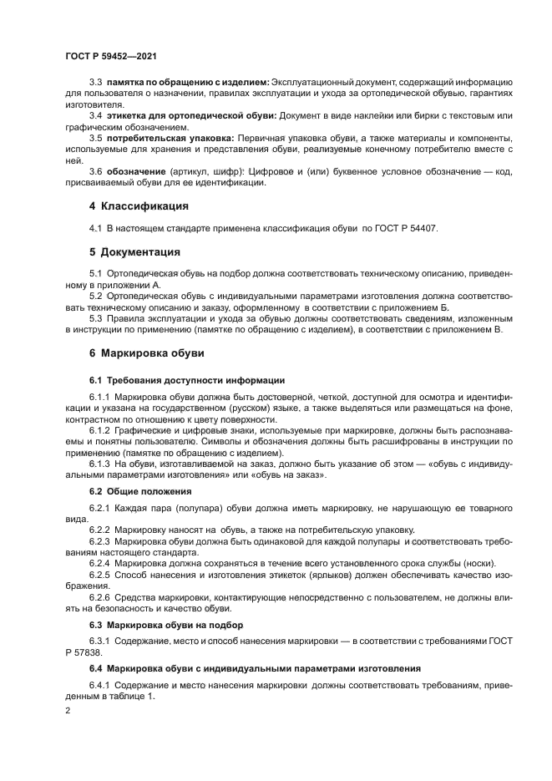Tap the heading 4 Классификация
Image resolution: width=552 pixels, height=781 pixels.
point(139,205)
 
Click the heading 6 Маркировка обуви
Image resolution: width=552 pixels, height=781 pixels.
point(146,353)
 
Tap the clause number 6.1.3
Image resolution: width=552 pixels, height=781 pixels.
point(99,462)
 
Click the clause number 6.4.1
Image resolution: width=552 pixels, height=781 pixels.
point(99,685)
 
